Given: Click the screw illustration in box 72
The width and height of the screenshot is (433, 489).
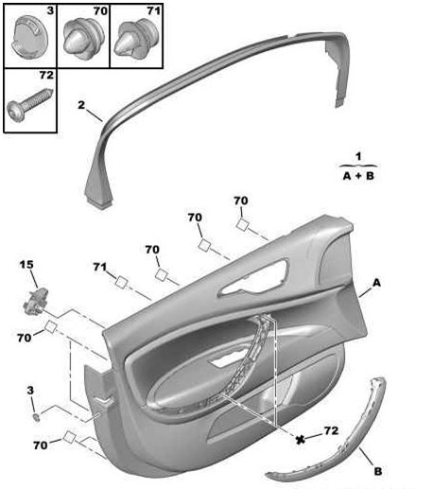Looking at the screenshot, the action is coord(29,103).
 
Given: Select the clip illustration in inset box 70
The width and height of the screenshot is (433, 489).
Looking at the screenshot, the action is coord(83,38).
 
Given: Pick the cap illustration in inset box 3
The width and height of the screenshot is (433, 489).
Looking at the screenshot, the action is coord(30,37).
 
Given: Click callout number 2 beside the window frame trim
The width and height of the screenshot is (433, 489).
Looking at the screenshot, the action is coord(81,105).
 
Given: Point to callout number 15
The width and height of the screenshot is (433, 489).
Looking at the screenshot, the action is coord(26,265).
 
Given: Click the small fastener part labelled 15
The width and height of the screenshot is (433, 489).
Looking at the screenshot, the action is coord(36,302).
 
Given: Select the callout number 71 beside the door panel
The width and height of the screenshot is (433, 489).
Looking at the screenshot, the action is coord(100,267).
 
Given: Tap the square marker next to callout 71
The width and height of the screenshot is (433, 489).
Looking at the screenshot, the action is coord(121,282).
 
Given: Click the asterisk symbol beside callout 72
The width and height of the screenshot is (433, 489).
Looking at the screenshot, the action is coord(301,439).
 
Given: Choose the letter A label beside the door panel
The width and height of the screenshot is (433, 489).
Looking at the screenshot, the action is coord(376,283).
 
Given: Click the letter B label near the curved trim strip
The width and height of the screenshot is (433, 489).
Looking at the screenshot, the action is coord(378,471).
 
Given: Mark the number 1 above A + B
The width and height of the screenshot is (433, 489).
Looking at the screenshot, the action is coord(358,156).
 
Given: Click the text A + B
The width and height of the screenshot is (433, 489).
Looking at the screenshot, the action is coord(358,176).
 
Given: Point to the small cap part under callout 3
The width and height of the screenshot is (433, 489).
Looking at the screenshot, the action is coord(37,417).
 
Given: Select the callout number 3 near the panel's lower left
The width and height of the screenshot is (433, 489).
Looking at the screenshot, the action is coord(30,391).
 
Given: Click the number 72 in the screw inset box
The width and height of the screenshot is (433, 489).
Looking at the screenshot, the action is coord(46,75).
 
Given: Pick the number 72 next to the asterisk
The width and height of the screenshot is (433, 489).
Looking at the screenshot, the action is coord(331,430).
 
